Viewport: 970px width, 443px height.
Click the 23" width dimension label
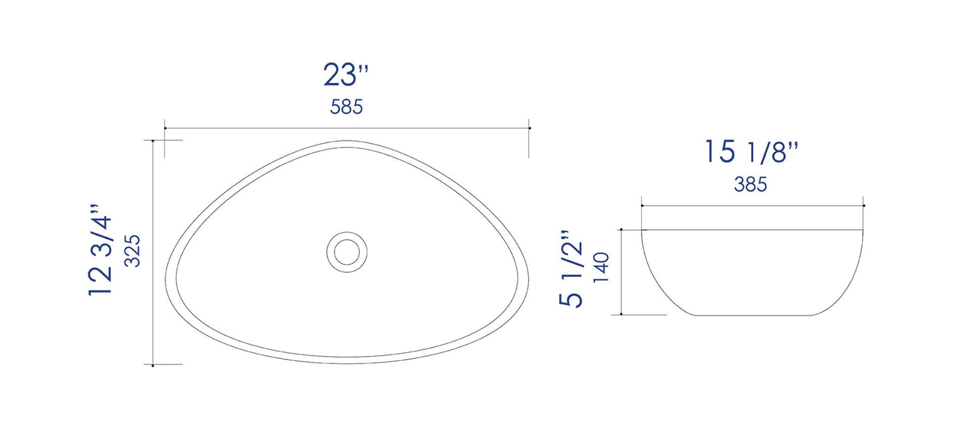(x=346, y=75)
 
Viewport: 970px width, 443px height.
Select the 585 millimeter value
(x=346, y=107)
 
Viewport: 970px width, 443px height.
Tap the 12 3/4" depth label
(x=101, y=250)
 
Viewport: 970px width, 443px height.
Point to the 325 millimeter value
(x=132, y=251)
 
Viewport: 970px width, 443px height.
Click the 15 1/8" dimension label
(x=752, y=153)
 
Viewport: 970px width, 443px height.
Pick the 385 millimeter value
(x=751, y=184)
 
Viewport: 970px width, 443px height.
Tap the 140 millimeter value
(x=601, y=269)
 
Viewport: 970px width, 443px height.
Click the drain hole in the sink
(x=346, y=251)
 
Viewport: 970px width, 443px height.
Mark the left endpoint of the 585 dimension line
(x=165, y=128)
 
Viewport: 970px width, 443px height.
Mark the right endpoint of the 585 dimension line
(x=529, y=128)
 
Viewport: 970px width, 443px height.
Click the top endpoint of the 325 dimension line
(x=154, y=140)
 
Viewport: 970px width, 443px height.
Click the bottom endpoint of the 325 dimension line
(x=154, y=365)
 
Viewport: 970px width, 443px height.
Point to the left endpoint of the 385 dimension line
(x=642, y=206)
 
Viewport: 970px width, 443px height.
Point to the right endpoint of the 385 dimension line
(x=864, y=206)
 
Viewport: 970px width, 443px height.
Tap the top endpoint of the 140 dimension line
(x=622, y=230)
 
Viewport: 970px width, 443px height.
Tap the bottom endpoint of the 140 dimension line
(x=622, y=314)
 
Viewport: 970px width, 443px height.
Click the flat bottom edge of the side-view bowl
(x=752, y=315)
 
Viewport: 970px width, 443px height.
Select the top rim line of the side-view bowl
(x=752, y=230)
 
